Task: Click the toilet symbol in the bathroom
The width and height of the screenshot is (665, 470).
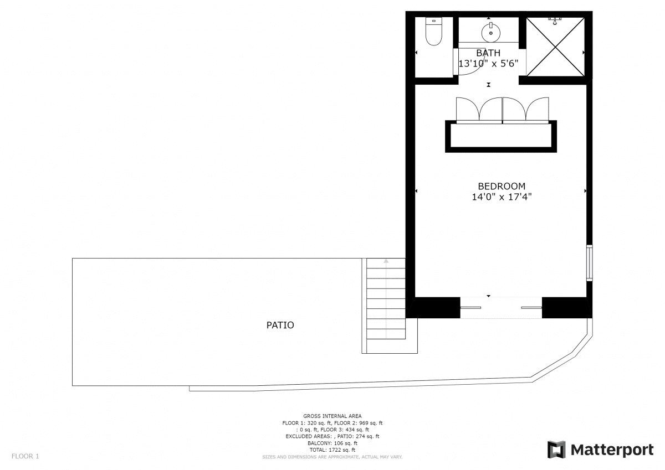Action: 434,31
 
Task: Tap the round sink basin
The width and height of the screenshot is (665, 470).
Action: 491,33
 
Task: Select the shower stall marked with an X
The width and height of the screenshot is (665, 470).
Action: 555,47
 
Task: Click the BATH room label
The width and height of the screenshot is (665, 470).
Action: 488,53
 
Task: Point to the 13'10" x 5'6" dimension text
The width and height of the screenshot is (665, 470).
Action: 488,64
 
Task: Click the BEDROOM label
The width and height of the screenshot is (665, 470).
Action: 502,186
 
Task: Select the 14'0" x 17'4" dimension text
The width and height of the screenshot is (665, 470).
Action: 502,197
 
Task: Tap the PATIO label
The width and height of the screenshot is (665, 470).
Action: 280,326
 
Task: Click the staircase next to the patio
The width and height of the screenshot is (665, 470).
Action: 386,299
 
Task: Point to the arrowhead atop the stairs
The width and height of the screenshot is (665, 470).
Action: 386,261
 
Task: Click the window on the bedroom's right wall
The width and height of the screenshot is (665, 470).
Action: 589,263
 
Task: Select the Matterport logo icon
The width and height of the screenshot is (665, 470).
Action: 556,450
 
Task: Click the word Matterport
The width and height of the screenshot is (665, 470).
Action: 612,450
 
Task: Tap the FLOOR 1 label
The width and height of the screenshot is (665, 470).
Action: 25,456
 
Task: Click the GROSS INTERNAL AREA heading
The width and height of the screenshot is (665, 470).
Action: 332,416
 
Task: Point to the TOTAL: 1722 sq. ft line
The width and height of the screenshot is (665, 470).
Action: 332,450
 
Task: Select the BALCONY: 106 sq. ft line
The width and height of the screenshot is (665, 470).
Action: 332,443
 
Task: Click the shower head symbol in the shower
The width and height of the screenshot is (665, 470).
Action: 555,20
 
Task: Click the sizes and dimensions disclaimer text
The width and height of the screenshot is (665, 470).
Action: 332,457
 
